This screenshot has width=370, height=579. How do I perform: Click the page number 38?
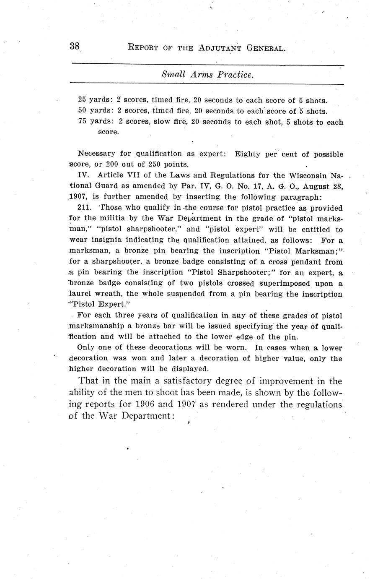[75, 46]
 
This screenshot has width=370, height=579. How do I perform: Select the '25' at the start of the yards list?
[82, 100]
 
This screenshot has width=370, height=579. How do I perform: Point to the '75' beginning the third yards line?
[82, 122]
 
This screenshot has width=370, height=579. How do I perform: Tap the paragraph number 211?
[85, 208]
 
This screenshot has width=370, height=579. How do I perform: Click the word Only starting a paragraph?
[86, 348]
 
